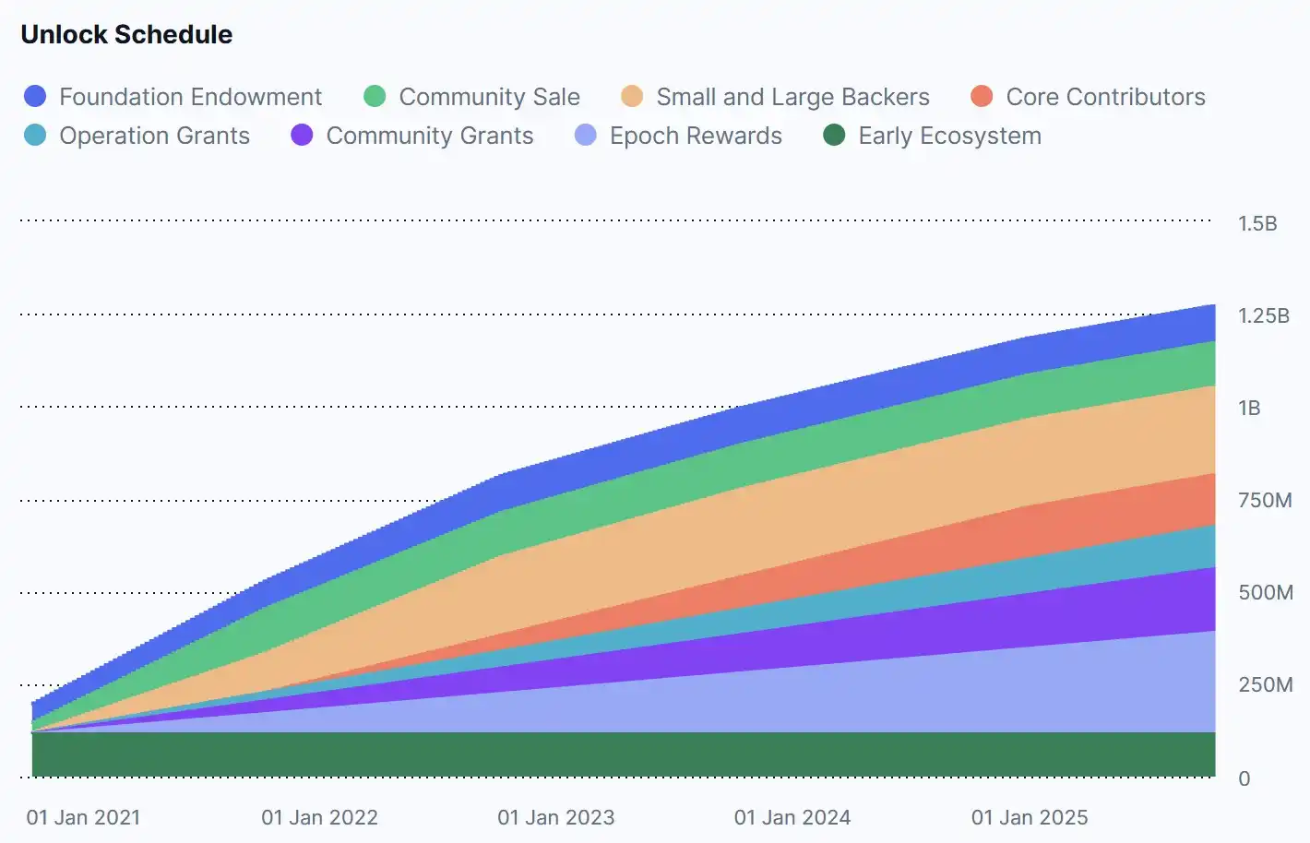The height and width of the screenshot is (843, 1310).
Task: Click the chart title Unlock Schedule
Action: point(126,34)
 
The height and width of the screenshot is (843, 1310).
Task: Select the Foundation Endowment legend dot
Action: point(35,97)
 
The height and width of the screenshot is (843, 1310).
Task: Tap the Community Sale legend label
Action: point(490,97)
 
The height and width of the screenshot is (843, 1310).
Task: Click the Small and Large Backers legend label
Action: point(792,97)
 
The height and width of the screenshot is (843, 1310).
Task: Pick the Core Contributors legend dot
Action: point(982,97)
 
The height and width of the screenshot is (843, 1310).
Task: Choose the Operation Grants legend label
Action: point(154,136)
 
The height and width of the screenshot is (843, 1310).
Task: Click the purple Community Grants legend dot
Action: point(302,135)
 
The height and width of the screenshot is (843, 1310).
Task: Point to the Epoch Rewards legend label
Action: point(696,136)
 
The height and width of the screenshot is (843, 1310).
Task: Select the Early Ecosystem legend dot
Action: point(834,135)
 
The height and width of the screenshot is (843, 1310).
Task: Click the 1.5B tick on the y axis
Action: point(1257,223)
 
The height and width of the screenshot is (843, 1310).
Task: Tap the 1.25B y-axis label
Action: point(1264,315)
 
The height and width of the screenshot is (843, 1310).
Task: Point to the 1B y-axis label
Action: point(1249,408)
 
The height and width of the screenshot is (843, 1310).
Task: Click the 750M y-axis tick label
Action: point(1265,501)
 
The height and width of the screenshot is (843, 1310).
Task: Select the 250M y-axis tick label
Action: point(1266,684)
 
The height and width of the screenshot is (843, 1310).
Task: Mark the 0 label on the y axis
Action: point(1244,778)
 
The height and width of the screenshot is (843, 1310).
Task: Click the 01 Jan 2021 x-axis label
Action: point(84,817)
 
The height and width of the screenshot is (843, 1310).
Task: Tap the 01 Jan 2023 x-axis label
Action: point(556,817)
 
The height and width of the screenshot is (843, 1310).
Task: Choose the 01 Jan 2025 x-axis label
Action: point(1030,817)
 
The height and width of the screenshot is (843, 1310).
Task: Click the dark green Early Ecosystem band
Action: point(624,754)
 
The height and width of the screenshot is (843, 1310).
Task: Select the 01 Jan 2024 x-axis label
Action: point(792,817)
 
